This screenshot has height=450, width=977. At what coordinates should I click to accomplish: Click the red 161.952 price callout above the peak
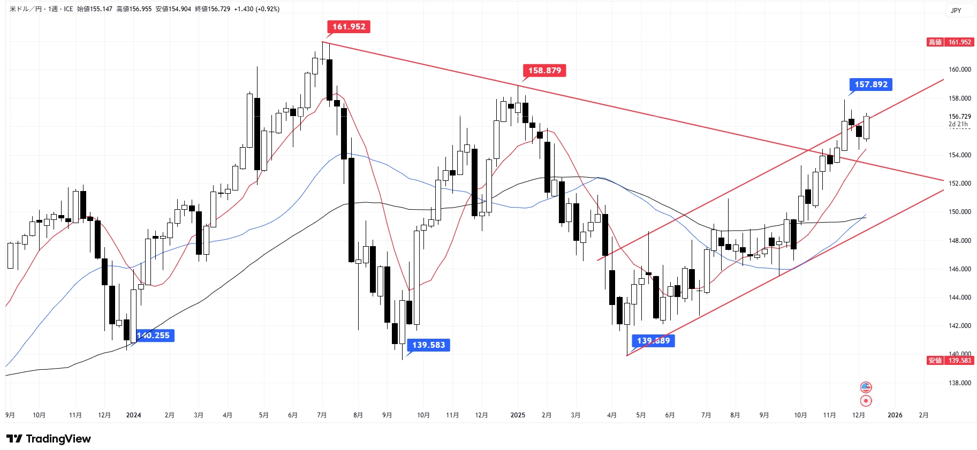(349, 27)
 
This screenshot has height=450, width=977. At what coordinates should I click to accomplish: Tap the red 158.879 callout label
(544, 71)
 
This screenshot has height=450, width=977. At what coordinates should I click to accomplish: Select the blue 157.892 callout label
(870, 85)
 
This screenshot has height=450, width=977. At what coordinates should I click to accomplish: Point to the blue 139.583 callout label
(428, 345)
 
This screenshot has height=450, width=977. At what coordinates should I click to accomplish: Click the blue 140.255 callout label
(154, 335)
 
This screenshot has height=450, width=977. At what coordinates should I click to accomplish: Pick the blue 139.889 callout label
(653, 341)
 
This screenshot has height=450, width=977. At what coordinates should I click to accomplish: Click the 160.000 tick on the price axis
(959, 70)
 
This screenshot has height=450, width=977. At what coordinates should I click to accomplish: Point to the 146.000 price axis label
(959, 269)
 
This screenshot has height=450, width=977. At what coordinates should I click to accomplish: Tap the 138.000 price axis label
(959, 383)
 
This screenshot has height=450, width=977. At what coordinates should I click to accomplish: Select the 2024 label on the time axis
(133, 415)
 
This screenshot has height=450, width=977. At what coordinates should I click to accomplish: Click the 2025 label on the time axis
(518, 415)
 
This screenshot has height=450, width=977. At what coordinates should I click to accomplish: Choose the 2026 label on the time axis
(895, 415)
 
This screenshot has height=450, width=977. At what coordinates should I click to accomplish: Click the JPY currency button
(956, 11)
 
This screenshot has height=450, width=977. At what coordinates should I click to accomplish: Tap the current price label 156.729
(959, 117)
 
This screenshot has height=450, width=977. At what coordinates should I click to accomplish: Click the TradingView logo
(49, 439)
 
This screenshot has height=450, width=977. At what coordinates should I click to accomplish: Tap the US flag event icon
(866, 387)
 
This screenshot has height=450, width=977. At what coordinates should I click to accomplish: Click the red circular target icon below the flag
(866, 401)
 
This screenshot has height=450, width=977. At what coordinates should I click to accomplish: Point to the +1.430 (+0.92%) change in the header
(256, 9)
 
